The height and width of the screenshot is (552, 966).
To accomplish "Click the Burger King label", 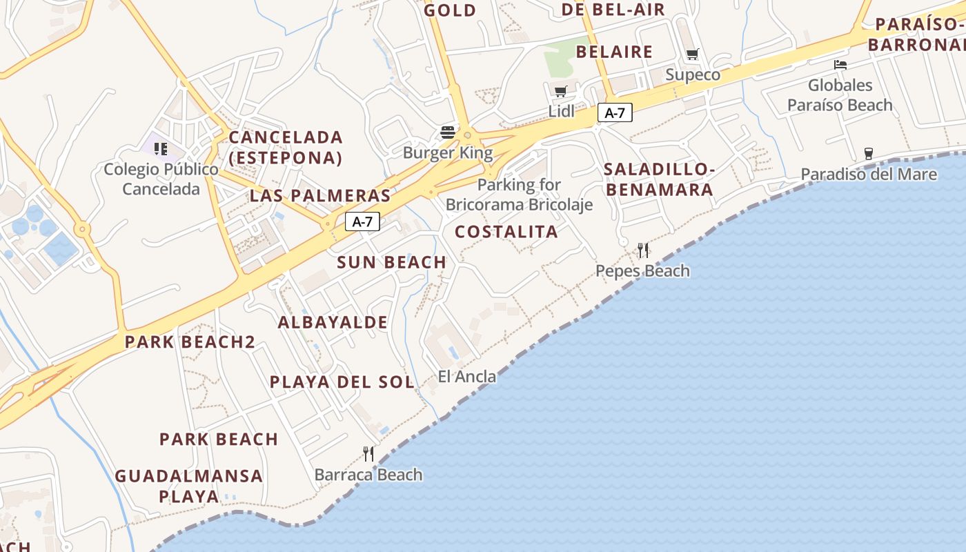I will pyautogui.click(x=448, y=152).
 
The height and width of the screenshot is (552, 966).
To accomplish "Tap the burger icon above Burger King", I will pyautogui.click(x=448, y=132).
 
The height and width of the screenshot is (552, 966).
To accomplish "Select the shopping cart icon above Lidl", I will pyautogui.click(x=561, y=91).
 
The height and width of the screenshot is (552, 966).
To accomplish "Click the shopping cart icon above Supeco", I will pyautogui.click(x=692, y=55).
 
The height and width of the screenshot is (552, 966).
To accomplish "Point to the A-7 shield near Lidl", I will pyautogui.click(x=614, y=113).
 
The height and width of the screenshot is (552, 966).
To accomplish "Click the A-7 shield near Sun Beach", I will pyautogui.click(x=362, y=221).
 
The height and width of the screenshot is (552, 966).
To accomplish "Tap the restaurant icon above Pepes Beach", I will pyautogui.click(x=643, y=250).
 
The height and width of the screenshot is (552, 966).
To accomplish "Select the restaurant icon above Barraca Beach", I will pyautogui.click(x=368, y=453).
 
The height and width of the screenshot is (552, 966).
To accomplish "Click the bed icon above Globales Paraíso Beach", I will pyautogui.click(x=840, y=65).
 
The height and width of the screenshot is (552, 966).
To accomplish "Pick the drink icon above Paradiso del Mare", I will pyautogui.click(x=868, y=153).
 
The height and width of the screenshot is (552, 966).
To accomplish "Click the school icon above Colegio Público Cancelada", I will pyautogui.click(x=161, y=148).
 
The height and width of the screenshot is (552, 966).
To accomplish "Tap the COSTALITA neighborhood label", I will pyautogui.click(x=506, y=232).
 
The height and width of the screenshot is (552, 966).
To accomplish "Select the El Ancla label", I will pyautogui.click(x=467, y=376).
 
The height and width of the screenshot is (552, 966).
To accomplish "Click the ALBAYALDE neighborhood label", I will pyautogui.click(x=333, y=322).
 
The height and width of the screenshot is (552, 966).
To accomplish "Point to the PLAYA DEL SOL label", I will pyautogui.click(x=342, y=382).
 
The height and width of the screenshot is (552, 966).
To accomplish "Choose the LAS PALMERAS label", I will pyautogui.click(x=320, y=195).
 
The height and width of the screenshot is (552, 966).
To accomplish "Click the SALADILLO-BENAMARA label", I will pyautogui.click(x=658, y=179).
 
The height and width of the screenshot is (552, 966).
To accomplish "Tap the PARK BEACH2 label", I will pyautogui.click(x=190, y=342).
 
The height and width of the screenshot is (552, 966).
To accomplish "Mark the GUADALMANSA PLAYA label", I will pyautogui.click(x=188, y=486).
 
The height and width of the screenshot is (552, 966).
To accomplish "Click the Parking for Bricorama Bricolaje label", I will pyautogui.click(x=519, y=195).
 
